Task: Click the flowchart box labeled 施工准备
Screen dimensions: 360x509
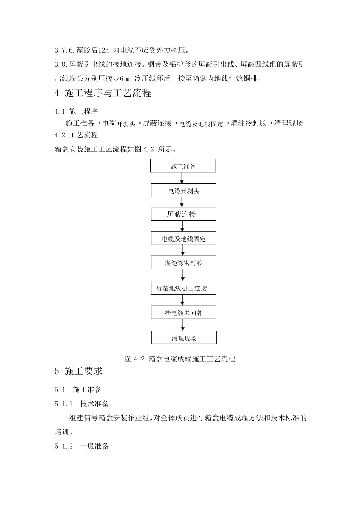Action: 183,166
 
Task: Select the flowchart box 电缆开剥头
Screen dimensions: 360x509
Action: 183,190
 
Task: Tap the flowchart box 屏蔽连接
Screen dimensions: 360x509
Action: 183,214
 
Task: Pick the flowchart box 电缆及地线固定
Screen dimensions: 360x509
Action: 183,239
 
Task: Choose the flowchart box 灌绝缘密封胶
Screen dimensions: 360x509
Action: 183,263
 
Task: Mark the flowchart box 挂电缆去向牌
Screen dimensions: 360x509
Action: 183,313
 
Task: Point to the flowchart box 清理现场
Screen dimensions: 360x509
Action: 184,338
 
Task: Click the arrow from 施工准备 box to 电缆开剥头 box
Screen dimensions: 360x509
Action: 182,178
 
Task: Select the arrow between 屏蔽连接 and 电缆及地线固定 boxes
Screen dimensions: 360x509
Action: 182,226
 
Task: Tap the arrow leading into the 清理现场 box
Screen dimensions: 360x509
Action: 183,325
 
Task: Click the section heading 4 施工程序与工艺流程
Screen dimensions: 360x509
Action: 103,93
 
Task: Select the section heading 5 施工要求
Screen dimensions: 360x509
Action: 79,371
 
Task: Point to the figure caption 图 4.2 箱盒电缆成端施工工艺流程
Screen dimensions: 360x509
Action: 180,359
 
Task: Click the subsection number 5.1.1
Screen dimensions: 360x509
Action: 63,404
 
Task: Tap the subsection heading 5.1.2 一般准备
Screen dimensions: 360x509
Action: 82,446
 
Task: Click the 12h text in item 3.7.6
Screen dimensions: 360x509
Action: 103,50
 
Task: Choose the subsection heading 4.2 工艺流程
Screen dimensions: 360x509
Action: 76,135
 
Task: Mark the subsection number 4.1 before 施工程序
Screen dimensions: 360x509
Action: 60,112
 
